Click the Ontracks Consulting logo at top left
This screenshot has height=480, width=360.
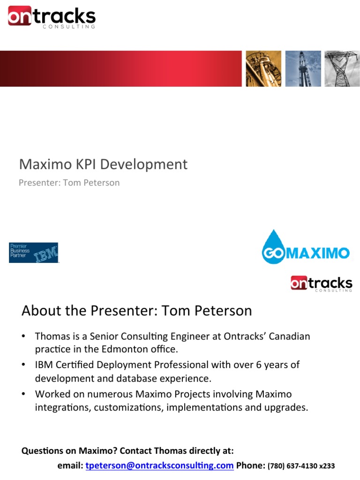coord(52,17)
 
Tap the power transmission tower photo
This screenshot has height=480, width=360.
coord(342,68)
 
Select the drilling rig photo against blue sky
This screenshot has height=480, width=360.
coord(303,68)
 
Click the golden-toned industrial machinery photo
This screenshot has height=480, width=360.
coord(263,68)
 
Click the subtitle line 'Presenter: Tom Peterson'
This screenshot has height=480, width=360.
coord(69,183)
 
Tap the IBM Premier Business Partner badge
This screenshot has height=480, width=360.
coord(34,253)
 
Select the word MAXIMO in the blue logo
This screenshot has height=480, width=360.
coord(318,253)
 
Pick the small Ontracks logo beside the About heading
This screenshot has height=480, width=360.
coord(322,284)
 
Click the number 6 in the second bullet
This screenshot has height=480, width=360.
coord(259,365)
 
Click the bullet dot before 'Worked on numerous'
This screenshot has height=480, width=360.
coord(23,394)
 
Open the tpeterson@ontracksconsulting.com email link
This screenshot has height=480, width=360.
coord(159,465)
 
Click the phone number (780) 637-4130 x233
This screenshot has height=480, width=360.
coord(301,466)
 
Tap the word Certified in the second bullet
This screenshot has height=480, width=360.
coord(75,365)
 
